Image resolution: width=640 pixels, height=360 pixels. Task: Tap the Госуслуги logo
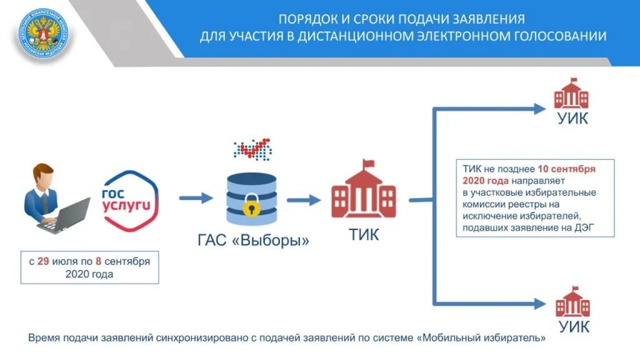[129, 197]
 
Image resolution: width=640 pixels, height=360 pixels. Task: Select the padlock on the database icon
[252, 204]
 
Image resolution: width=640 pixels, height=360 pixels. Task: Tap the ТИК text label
[363, 235]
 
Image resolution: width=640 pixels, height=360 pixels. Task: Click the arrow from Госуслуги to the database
[196, 199]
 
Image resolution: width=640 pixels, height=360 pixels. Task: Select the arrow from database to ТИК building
[303, 200]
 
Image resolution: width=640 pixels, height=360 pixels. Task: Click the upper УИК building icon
[572, 94]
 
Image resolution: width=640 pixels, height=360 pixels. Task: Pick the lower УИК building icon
[572, 302]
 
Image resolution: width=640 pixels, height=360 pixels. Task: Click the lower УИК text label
[572, 326]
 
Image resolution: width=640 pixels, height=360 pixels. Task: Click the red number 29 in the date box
[43, 261]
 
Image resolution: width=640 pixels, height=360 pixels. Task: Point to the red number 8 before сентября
[99, 261]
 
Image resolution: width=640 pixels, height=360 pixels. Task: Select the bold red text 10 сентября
[566, 169]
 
